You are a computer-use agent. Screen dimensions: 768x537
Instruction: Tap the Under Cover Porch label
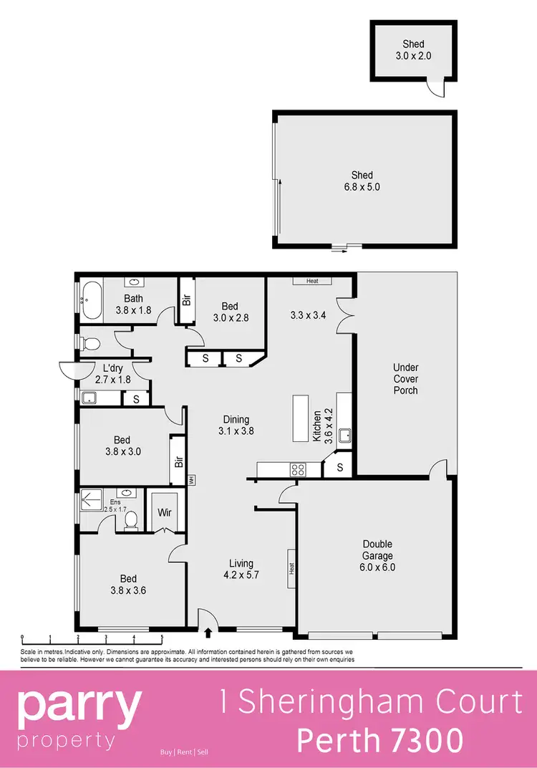click(405, 379)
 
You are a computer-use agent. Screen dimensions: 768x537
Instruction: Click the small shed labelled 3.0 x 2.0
click(413, 49)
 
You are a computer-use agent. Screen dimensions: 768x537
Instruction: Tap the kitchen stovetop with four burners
click(297, 470)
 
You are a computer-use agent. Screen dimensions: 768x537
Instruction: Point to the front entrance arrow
click(208, 633)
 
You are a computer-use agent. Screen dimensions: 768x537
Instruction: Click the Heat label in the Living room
click(292, 568)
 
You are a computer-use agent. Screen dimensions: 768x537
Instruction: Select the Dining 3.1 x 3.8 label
click(236, 426)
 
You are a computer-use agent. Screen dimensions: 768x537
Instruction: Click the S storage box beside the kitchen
click(339, 469)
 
